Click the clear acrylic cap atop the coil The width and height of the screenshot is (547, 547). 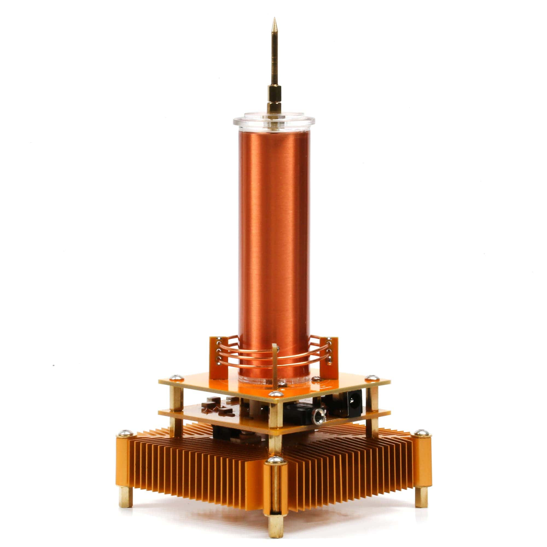point(274,120)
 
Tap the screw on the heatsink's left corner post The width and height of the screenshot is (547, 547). point(125,433)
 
